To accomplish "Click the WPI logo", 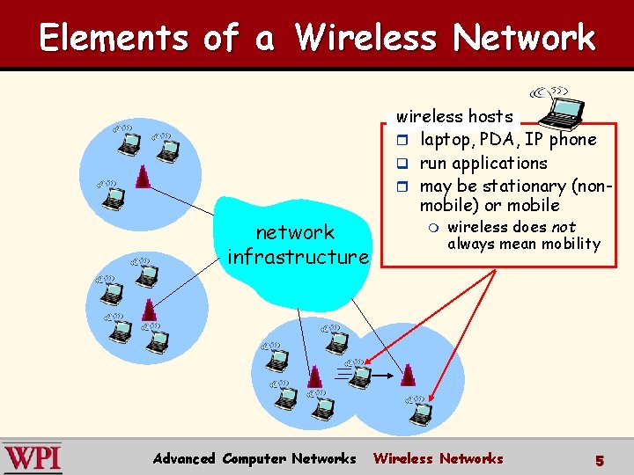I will tap(32, 458).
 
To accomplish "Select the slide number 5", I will tap(600, 460).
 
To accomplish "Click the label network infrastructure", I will tap(297, 245).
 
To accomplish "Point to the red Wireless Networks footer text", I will tap(439, 458).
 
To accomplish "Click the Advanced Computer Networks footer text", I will tap(254, 458).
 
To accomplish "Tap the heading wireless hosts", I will tap(454, 116).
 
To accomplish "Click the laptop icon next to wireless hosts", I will tap(560, 107).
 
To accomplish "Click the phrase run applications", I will tap(483, 163).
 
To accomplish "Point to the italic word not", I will tap(564, 227).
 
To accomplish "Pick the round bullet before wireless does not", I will tap(431, 228).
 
